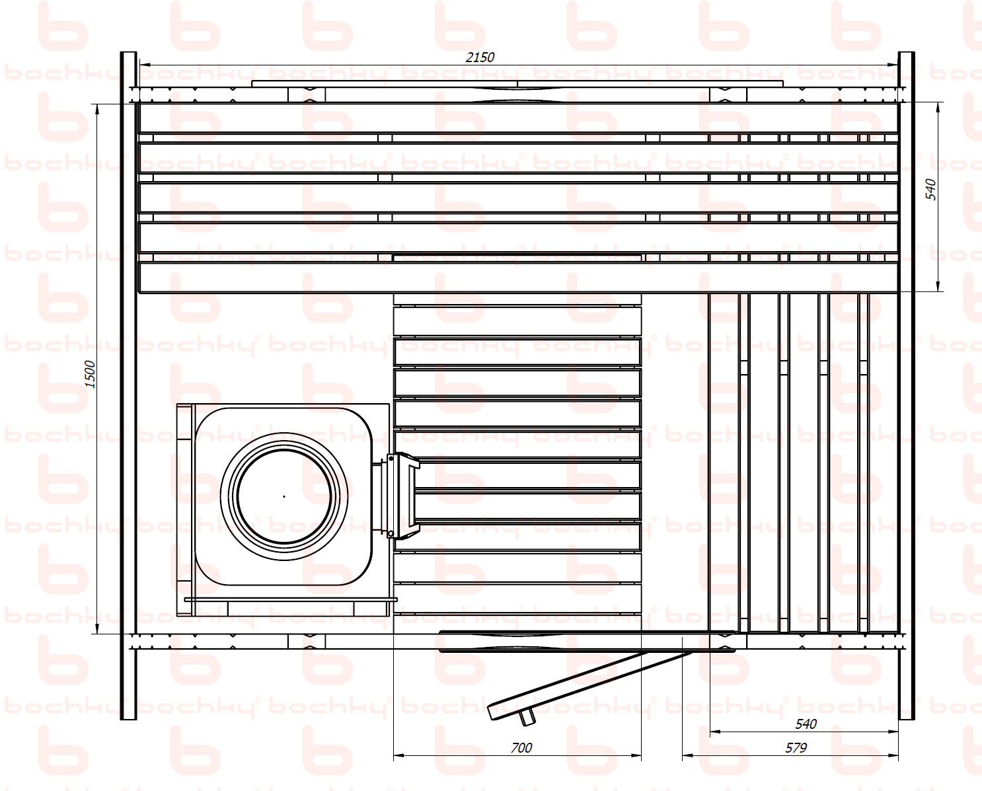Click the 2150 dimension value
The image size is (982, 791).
tap(480, 57)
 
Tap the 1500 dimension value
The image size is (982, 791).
tap(90, 374)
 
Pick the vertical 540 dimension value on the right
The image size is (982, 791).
tap(930, 190)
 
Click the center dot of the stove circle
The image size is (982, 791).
tap(284, 496)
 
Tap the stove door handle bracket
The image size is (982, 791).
tap(402, 496)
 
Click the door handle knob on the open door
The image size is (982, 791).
tap(527, 718)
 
